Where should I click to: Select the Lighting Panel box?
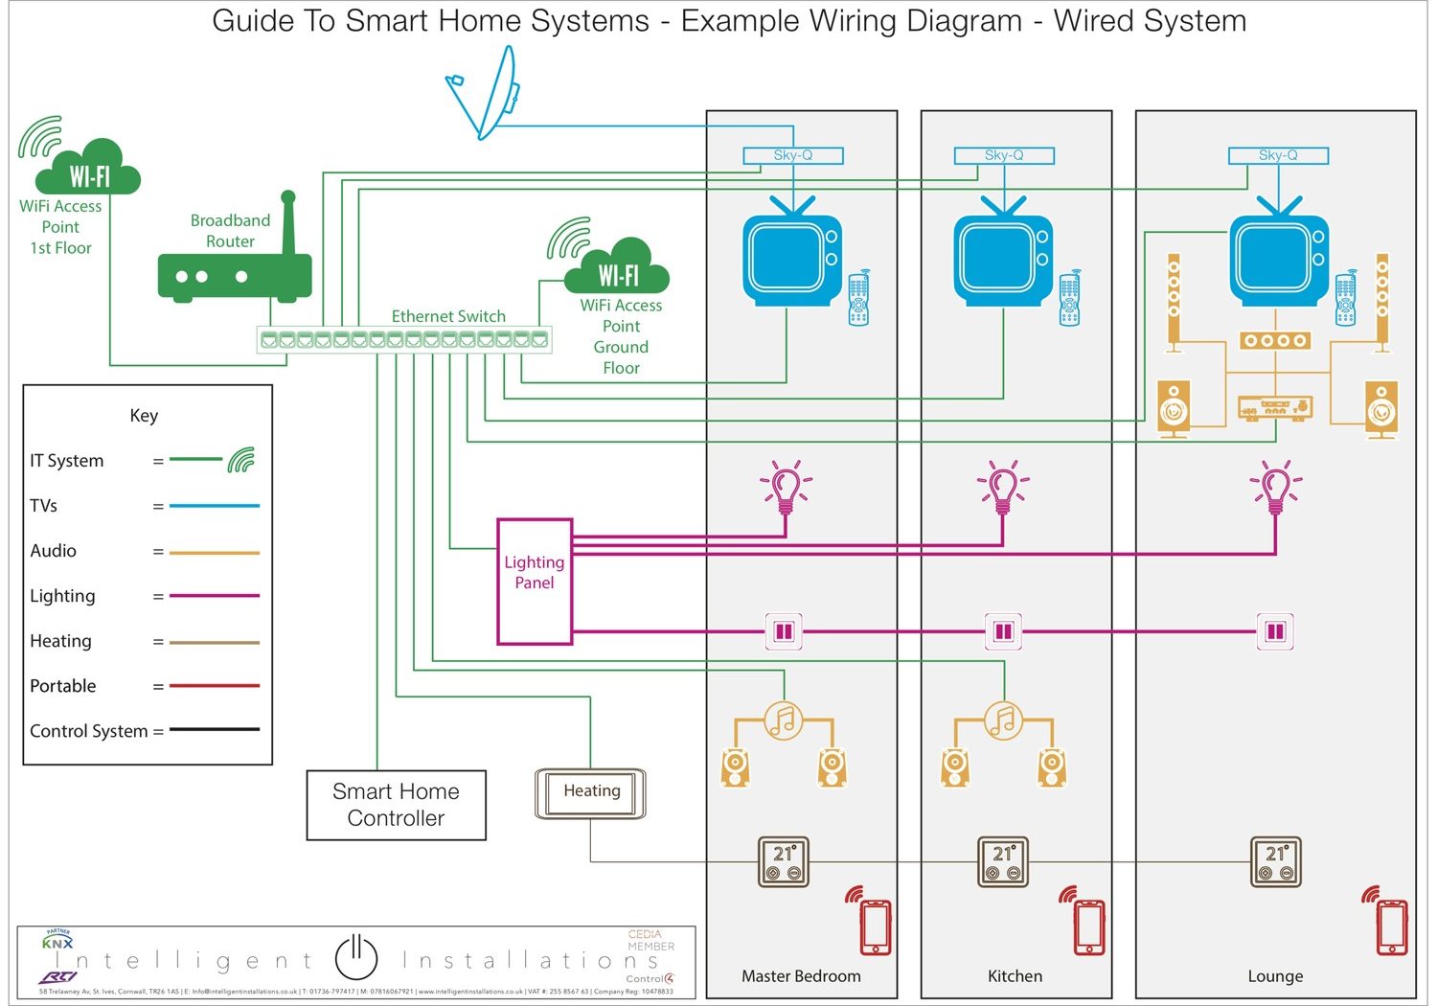click(535, 581)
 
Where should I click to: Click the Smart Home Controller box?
click(396, 805)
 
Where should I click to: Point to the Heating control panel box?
click(591, 792)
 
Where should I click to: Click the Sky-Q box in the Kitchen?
click(1004, 155)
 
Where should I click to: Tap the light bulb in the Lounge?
click(1275, 487)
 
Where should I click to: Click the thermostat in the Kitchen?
click(1003, 861)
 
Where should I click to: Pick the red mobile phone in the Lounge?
click(1391, 926)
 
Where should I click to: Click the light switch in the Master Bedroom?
click(784, 631)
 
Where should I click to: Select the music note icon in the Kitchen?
click(1003, 720)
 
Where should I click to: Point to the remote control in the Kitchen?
click(1069, 299)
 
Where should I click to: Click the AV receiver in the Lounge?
click(1275, 408)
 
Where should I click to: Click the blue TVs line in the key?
click(215, 506)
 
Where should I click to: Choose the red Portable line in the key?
click(215, 686)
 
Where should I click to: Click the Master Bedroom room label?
click(801, 975)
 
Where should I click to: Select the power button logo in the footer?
click(356, 957)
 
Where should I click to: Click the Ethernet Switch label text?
click(448, 316)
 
